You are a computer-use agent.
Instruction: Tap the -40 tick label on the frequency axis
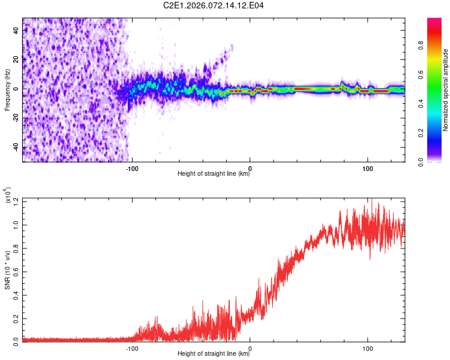[x=17, y=148]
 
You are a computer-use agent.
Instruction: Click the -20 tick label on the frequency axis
[x=17, y=118]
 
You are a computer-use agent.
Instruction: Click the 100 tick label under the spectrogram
[x=367, y=167]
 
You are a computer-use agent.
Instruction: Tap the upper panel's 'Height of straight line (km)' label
[x=214, y=174]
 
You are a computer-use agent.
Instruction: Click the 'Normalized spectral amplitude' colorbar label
[x=446, y=90]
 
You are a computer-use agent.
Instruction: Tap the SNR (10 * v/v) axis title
[x=7, y=270]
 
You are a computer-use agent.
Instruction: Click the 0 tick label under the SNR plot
[x=250, y=347]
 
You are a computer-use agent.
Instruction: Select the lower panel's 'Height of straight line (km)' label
[x=214, y=354]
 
